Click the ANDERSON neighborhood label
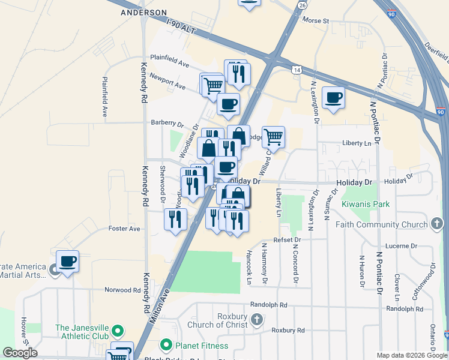[143, 12]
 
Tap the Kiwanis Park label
[366, 204]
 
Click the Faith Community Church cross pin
[438, 224]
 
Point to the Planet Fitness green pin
[166, 346]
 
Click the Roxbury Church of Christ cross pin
[258, 319]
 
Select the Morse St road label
[316, 20]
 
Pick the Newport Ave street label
[167, 82]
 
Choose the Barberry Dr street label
[167, 124]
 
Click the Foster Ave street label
[124, 229]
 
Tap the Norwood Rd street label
[122, 290]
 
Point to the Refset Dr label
[287, 239]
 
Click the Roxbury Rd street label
[288, 330]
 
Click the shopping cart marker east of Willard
[273, 137]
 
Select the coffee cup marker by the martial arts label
[67, 261]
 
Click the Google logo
[20, 353]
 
